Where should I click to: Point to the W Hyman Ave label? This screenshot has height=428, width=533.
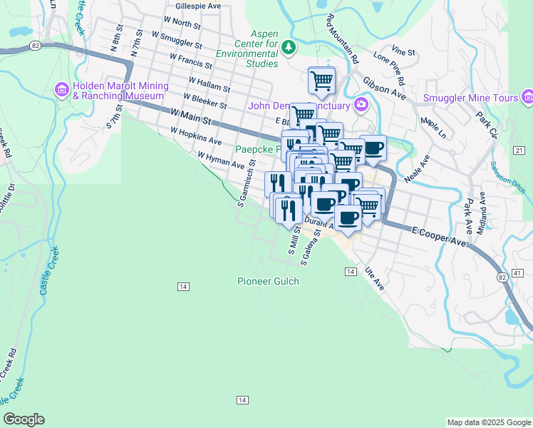[221, 160]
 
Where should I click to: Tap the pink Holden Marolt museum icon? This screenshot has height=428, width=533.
[61, 91]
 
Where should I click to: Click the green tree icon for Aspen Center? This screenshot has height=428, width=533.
[288, 48]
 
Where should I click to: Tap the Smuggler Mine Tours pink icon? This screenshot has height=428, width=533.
[527, 96]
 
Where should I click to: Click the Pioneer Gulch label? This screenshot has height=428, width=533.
[265, 281]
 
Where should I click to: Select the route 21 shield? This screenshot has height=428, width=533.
[518, 150]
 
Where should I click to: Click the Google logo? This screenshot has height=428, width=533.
[24, 419]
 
